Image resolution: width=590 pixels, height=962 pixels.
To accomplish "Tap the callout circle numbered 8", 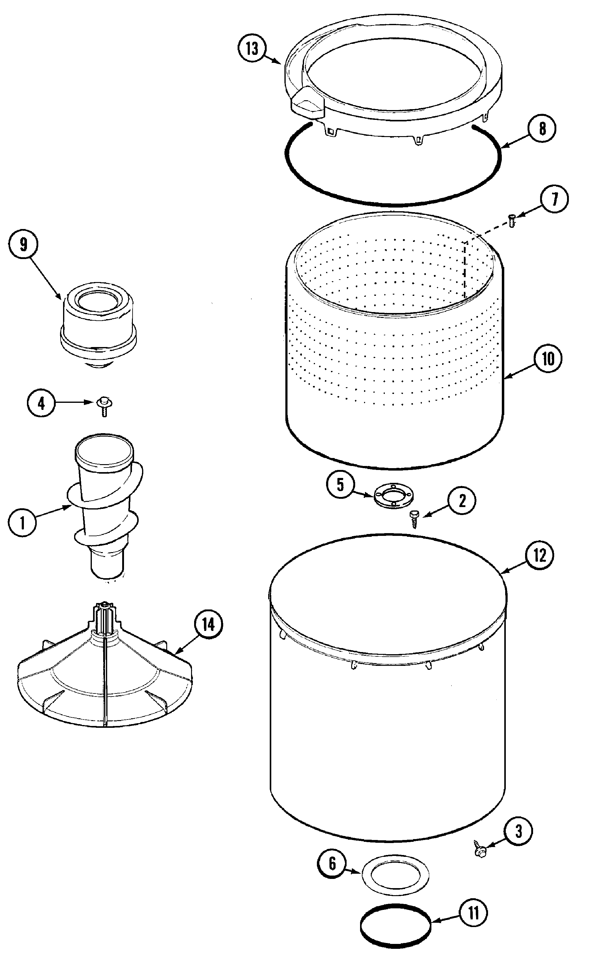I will [x=542, y=128].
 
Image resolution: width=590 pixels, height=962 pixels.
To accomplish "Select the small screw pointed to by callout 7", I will [x=512, y=221].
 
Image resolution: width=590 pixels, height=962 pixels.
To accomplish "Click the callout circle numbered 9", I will [x=24, y=245].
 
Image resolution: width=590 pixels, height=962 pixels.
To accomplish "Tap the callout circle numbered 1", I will [x=22, y=523].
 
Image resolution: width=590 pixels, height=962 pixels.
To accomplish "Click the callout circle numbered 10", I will [x=548, y=359].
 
